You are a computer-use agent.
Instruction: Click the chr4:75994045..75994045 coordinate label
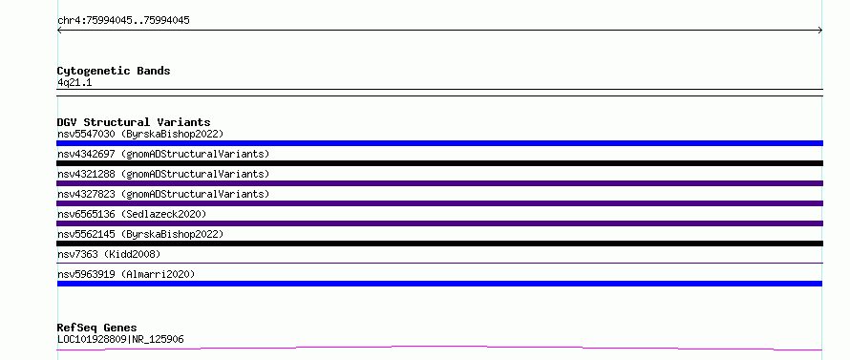(123, 21)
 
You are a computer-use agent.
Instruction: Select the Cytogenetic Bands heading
(114, 71)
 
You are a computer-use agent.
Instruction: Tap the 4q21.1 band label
(74, 83)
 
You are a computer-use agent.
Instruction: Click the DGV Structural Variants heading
(134, 122)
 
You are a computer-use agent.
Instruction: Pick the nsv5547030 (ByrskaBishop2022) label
(140, 134)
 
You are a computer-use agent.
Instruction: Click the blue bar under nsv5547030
(439, 143)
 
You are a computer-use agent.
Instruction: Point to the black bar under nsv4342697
(439, 163)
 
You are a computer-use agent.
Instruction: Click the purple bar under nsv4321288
(439, 183)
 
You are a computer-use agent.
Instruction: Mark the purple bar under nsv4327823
(439, 203)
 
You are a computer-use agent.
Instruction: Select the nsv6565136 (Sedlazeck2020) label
(132, 214)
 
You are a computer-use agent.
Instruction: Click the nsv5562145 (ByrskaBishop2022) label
(140, 234)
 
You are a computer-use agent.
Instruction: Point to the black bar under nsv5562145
(439, 244)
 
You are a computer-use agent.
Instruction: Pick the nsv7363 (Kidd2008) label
(109, 254)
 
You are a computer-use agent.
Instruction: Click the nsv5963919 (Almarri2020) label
(126, 274)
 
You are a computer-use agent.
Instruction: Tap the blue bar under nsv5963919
(439, 284)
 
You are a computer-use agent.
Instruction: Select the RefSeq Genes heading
(96, 328)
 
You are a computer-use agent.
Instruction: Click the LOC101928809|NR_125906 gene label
(120, 340)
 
